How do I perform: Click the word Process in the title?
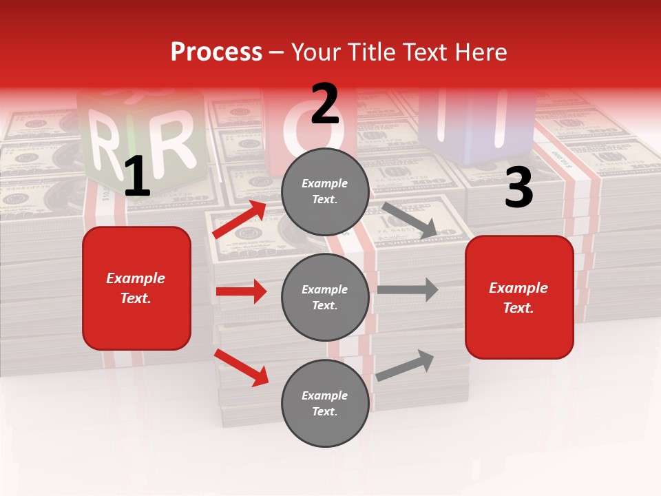click(x=216, y=52)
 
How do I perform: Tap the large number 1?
click(x=137, y=177)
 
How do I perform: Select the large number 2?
click(x=325, y=104)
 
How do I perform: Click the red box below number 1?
click(x=136, y=288)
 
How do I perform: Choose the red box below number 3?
click(x=519, y=298)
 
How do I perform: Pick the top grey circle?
click(x=325, y=192)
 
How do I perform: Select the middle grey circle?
click(x=325, y=298)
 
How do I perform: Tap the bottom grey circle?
click(x=325, y=404)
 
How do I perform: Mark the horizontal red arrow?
click(x=241, y=291)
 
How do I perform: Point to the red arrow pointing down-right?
click(x=242, y=367)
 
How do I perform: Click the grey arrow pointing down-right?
click(x=410, y=220)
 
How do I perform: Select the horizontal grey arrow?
click(x=408, y=289)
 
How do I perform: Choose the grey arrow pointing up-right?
click(x=406, y=365)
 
